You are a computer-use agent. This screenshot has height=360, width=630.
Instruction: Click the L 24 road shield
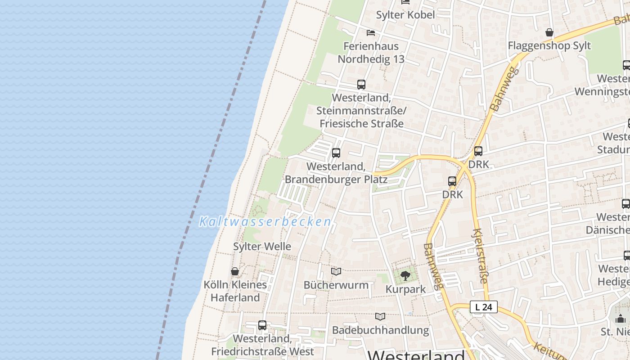coord(484,307)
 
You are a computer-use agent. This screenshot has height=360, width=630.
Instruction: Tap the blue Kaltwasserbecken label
coord(265,222)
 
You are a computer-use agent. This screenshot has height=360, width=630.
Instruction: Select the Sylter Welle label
coord(262,247)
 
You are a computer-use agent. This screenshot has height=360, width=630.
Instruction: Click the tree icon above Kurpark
coord(405,275)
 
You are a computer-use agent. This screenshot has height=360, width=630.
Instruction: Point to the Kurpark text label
coord(405,289)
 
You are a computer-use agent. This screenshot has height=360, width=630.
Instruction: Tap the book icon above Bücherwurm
coord(336,271)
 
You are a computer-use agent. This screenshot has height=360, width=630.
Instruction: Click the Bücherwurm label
coord(336,285)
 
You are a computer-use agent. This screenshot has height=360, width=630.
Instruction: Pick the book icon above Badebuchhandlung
coord(380,316)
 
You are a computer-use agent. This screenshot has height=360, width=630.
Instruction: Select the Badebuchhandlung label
coord(380,330)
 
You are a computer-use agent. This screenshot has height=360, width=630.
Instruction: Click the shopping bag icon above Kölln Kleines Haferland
coord(235,271)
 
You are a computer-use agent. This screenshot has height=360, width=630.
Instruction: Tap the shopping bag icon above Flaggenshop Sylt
coord(549,32)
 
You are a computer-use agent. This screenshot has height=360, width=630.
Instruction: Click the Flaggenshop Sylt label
coord(549,46)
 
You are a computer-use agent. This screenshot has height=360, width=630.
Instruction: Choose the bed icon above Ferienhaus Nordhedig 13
coord(371,32)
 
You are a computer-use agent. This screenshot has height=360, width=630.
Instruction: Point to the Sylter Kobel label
coord(405,15)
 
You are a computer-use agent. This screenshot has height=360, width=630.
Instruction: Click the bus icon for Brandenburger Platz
coord(336,153)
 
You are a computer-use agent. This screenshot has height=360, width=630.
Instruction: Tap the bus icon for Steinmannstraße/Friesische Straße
coord(361,84)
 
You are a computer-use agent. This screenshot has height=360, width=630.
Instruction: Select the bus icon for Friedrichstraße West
coord(262,325)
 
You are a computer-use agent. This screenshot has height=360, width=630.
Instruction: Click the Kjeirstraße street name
coord(480,256)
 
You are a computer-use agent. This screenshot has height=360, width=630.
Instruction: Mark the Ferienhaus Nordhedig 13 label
coord(371,53)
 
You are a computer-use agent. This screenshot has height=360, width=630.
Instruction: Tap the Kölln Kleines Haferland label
coord(235,291)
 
